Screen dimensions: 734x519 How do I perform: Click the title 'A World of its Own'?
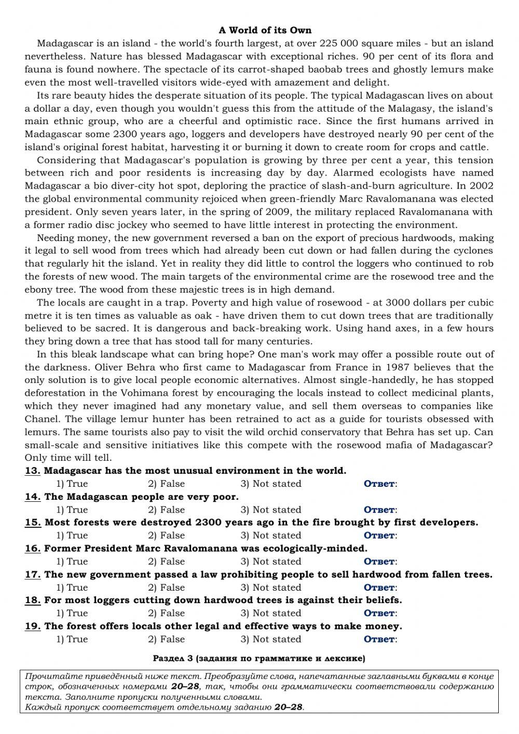[x=265, y=30]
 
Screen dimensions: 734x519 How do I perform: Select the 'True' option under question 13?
[x=72, y=484]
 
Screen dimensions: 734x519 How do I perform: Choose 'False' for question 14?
[x=166, y=510]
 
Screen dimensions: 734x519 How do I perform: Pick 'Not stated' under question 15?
[x=271, y=536]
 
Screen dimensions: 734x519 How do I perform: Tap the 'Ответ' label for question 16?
[x=380, y=562]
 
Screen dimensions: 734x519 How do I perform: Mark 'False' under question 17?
[x=166, y=588]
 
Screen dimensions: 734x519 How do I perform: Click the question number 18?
[x=33, y=600]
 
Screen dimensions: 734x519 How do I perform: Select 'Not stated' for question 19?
[x=271, y=639]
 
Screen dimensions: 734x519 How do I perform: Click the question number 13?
[x=33, y=471]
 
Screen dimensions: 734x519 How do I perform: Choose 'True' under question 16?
[x=72, y=562]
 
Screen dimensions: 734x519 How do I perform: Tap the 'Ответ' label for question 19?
[x=380, y=639]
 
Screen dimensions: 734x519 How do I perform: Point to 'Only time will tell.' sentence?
[x=68, y=458]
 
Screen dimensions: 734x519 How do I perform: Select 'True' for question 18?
[x=72, y=613]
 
